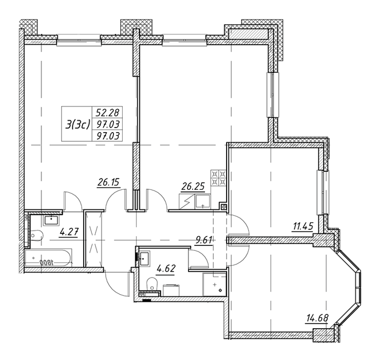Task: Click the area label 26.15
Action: click(x=108, y=183)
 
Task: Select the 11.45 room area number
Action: click(x=302, y=226)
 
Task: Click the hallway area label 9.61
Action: click(x=204, y=240)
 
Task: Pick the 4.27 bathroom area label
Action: click(x=69, y=232)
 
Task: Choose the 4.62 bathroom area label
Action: click(x=166, y=269)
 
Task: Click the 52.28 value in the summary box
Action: click(x=107, y=112)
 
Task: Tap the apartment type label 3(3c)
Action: click(x=77, y=124)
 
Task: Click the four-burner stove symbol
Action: click(x=218, y=178)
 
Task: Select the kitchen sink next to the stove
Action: click(x=202, y=202)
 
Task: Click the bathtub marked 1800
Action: click(x=48, y=258)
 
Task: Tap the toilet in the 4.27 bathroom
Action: click(x=36, y=236)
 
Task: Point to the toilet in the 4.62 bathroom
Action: click(x=152, y=284)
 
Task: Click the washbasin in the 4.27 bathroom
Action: click(x=51, y=220)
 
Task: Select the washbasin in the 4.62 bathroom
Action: click(x=144, y=259)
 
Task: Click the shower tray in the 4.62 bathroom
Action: click(x=214, y=284)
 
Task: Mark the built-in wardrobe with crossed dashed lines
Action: click(x=93, y=239)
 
